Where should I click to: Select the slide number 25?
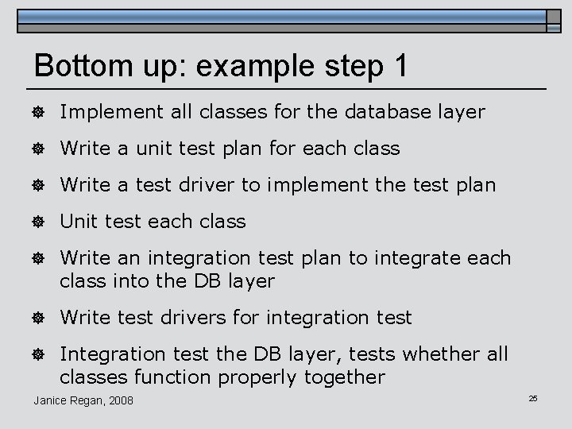point(533,397)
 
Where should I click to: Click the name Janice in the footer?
point(50,400)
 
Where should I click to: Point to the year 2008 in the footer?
point(120,400)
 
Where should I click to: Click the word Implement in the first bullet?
point(110,112)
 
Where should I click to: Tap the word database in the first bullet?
point(385,112)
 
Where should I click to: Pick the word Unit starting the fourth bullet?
point(76,222)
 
